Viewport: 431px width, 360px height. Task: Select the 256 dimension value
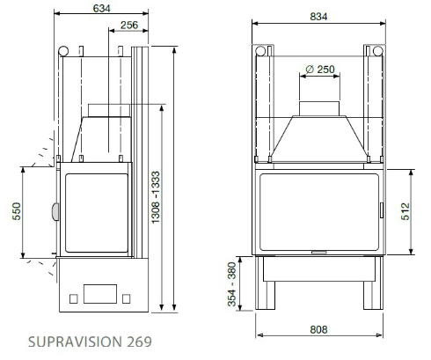pos(128,26)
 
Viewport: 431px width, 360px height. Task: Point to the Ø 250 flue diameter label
pos(321,69)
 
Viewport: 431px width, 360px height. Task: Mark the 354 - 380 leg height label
pos(232,284)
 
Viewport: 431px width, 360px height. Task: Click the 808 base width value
pos(319,330)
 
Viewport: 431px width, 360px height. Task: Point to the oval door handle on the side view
pos(55,211)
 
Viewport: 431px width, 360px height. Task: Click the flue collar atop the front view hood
pos(319,108)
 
